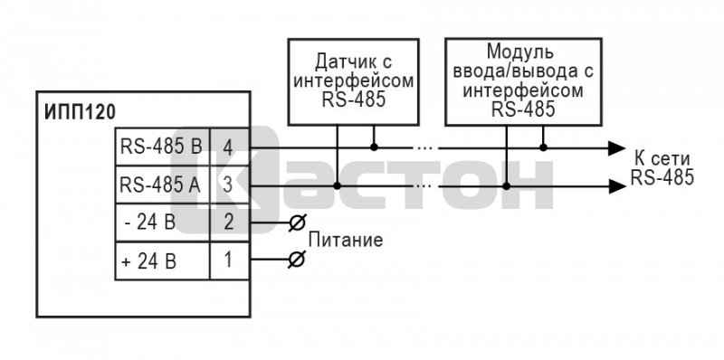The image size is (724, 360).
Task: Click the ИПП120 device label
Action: [80, 113]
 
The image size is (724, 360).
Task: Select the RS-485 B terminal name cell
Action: [162, 147]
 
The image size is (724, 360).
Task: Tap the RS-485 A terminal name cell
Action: [162, 185]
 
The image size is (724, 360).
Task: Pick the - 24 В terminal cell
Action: [162, 223]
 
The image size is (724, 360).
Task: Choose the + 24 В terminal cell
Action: [162, 261]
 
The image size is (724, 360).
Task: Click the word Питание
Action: [346, 241]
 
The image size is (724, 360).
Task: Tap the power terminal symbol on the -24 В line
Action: [296, 223]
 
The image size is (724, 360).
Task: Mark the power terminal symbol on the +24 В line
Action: [296, 260]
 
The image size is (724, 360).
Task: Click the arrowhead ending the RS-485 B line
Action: [616, 147]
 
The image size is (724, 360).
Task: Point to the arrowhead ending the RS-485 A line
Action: [616, 186]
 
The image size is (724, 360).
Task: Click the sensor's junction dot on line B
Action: [374, 147]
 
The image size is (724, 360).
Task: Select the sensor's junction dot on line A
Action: [337, 186]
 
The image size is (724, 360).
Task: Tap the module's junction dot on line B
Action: [544, 147]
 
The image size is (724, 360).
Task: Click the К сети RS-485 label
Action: [662, 168]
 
